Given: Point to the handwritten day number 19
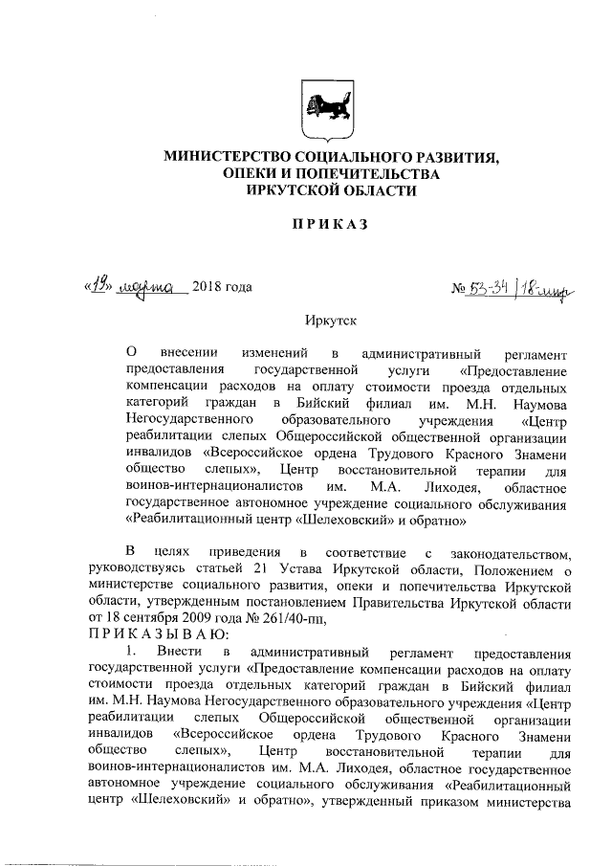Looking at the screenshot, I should coord(98,285).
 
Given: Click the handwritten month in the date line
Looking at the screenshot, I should coord(152,286).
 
